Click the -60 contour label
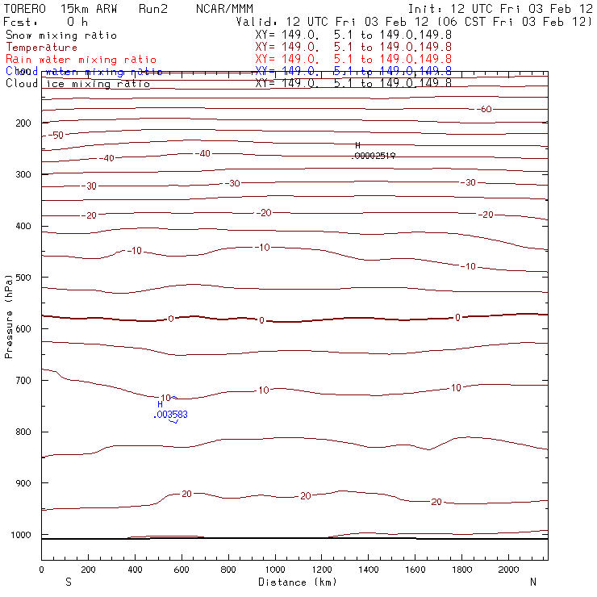click(485, 109)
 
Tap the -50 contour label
click(56, 135)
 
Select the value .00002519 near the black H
click(375, 156)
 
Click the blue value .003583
click(171, 415)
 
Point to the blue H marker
click(160, 405)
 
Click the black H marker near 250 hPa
click(357, 145)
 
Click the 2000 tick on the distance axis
click(508, 570)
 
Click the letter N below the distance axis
click(532, 582)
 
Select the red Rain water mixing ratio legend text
click(81, 60)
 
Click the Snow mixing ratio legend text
click(61, 35)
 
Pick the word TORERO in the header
click(26, 9)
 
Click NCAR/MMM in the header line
click(224, 9)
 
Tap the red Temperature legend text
click(41, 48)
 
